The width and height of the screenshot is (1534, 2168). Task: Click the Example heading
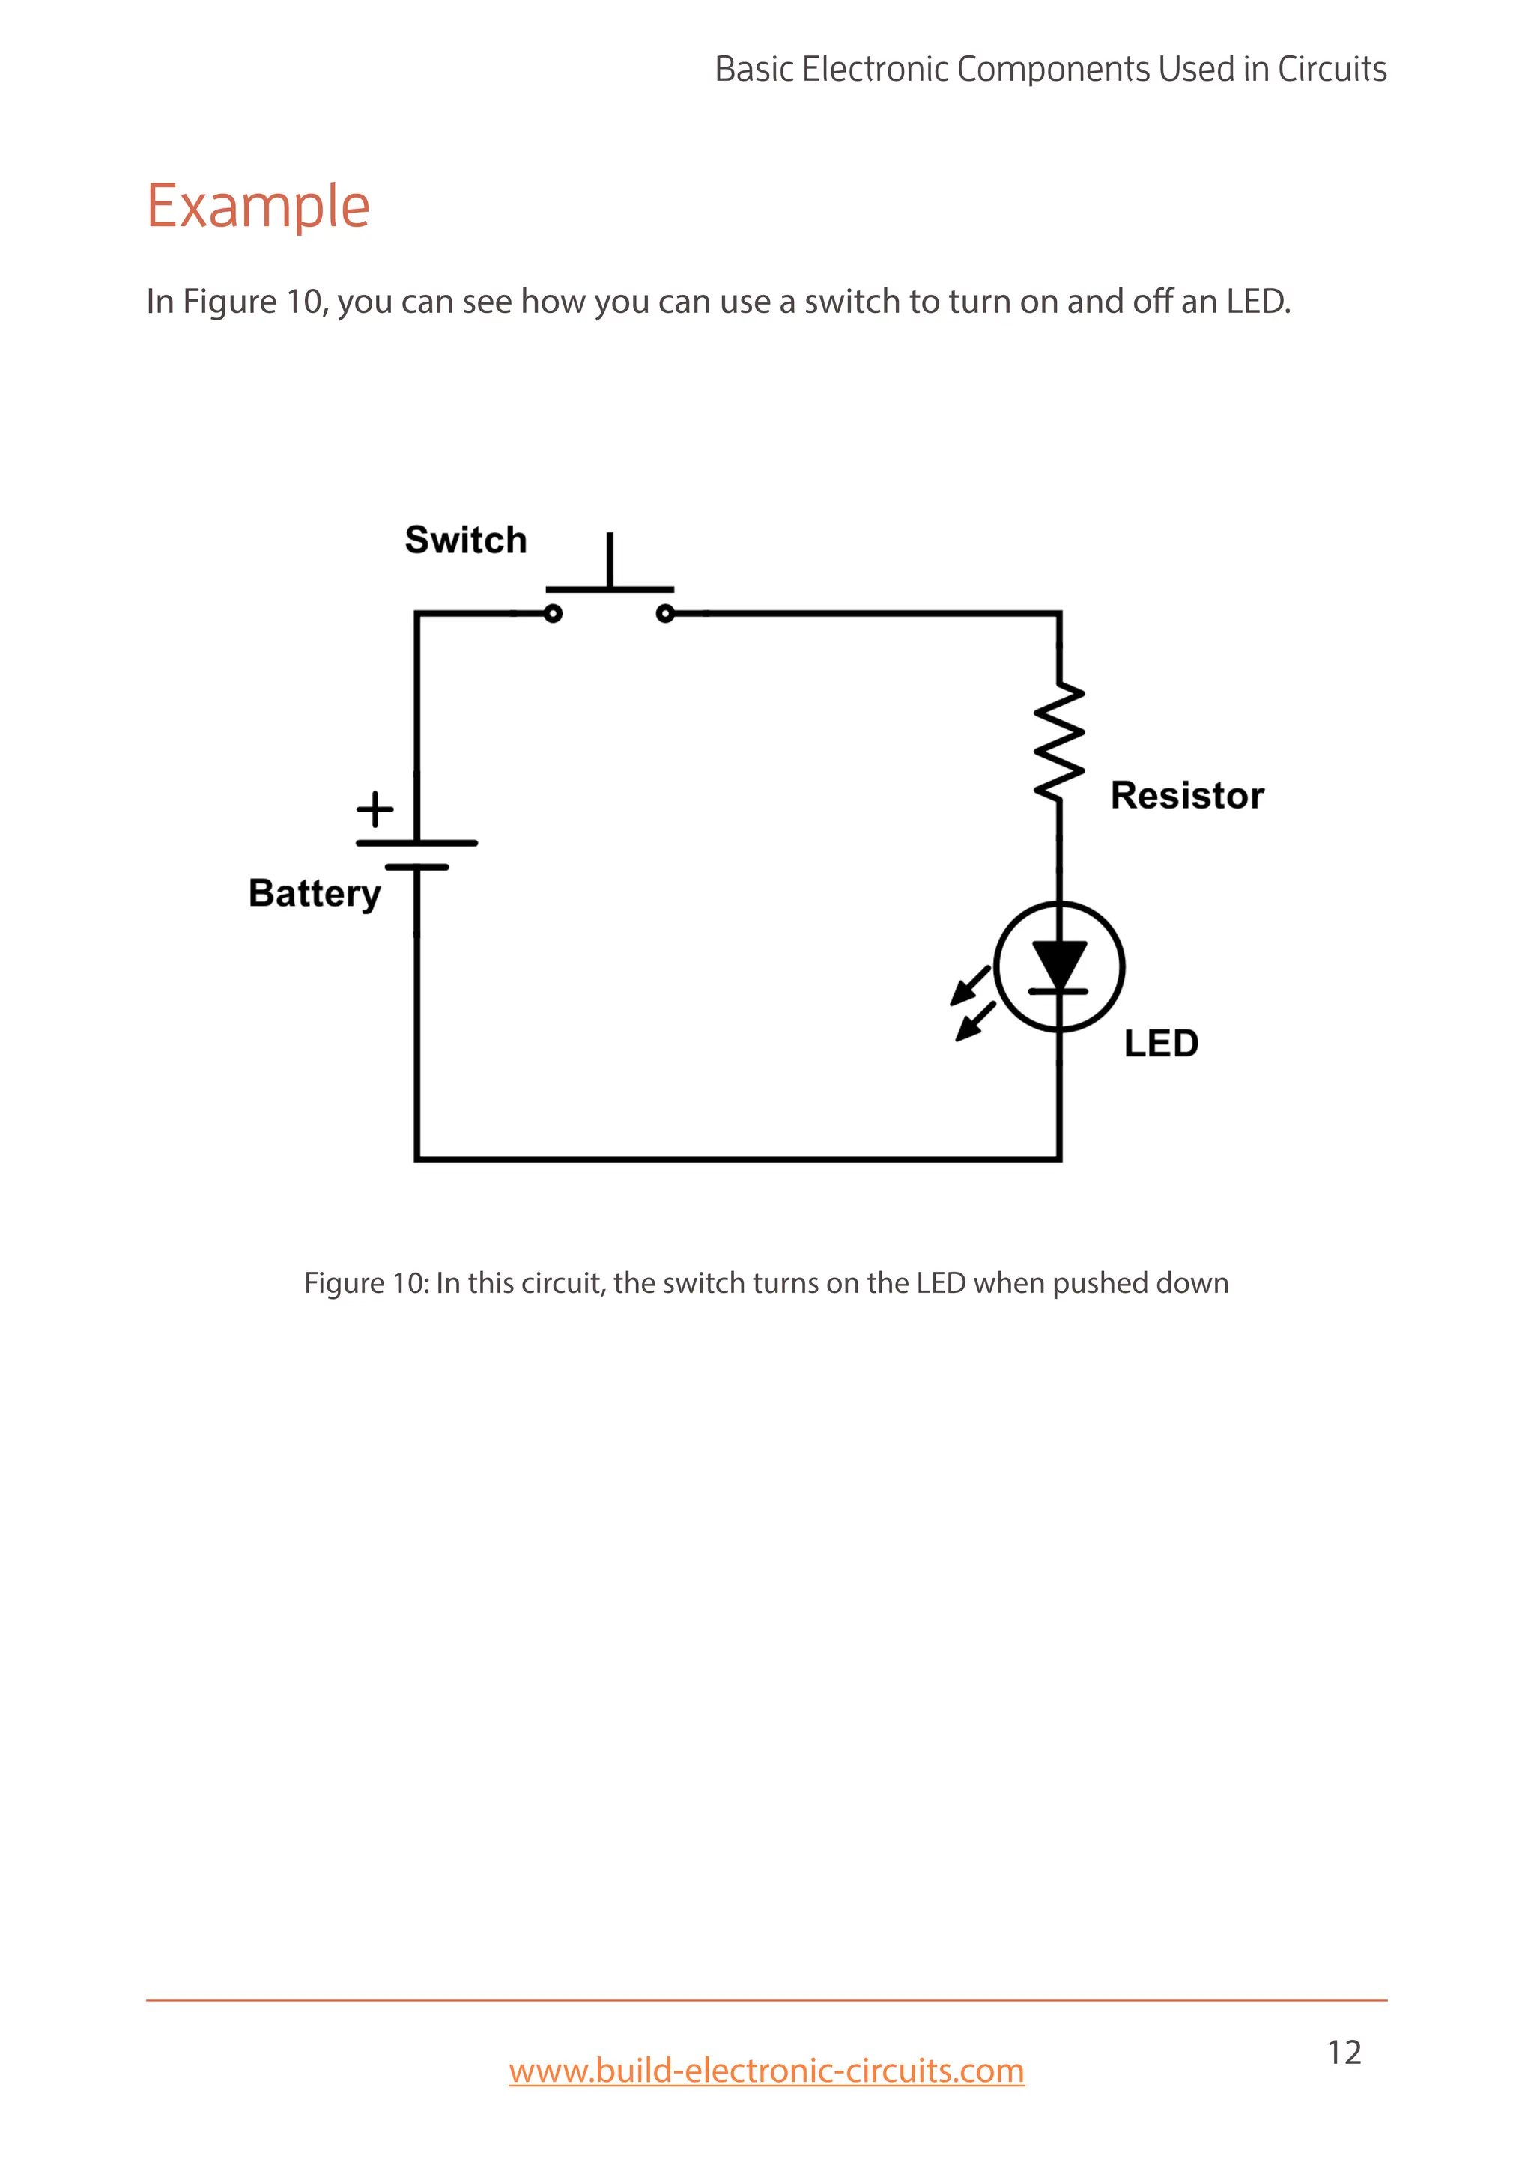pos(258,206)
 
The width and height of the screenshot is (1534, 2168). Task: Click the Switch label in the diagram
pos(466,540)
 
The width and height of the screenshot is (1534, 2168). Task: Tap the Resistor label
pos(1186,795)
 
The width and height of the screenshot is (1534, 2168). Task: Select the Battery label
pos(315,893)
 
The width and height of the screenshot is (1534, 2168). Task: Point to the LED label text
pos(1161,1044)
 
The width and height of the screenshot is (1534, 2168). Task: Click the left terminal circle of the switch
pos(554,614)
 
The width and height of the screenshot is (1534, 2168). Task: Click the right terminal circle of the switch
pos(665,614)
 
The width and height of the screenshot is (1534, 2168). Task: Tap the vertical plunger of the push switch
pos(610,560)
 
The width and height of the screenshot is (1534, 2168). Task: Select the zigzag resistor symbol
pos(1059,744)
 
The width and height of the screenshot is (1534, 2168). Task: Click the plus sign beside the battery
pos(375,809)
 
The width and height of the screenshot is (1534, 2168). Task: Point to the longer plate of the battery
pos(416,842)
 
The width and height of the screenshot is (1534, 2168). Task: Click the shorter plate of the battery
pos(416,867)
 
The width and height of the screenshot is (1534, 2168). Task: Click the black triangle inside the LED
pos(1059,964)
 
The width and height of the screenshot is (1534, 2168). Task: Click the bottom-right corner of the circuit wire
pos(1059,1159)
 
